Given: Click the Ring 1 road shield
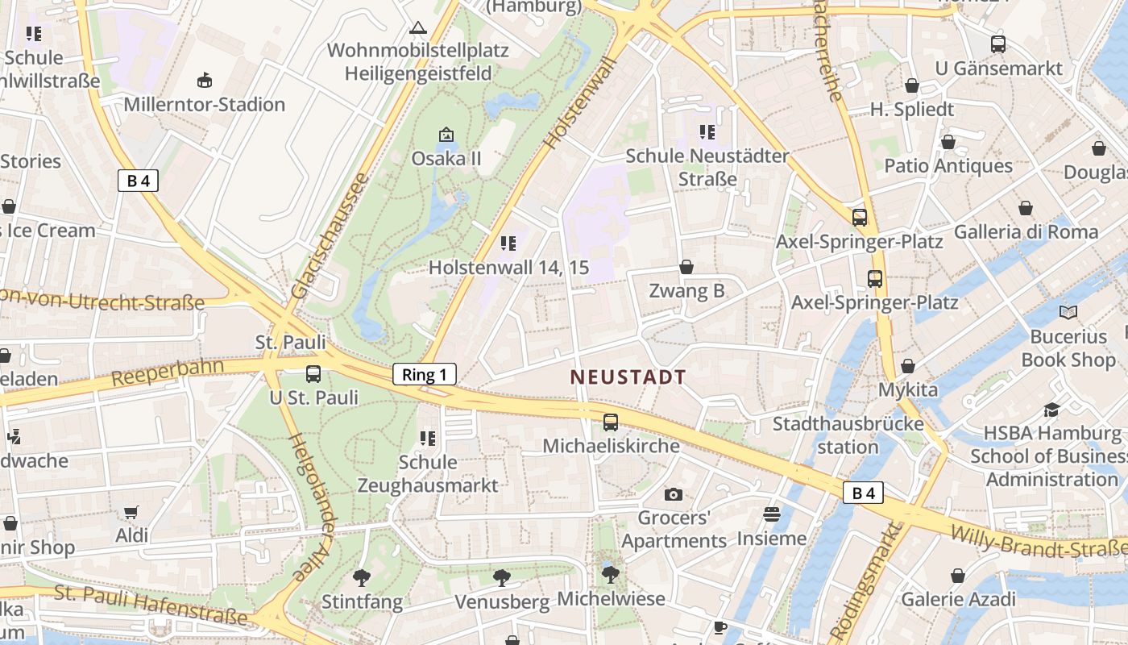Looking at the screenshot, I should point(425,374).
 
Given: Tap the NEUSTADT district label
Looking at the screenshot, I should point(628,377).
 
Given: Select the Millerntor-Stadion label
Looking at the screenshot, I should point(204,105).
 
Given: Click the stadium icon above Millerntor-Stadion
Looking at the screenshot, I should point(205,80).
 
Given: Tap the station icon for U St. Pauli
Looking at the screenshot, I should point(313,374).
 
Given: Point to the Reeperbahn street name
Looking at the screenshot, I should point(168,372).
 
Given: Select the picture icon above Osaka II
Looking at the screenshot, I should point(446,134).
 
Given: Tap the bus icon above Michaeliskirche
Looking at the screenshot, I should point(611,422).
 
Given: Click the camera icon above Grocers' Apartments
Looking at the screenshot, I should point(673,494).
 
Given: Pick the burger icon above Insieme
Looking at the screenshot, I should point(772,514).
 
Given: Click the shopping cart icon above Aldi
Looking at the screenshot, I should point(131,512).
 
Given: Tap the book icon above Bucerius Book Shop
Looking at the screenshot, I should point(1068,312).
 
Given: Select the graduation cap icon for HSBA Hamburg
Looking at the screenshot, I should point(1051,410).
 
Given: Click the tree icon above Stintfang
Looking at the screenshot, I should point(362,577).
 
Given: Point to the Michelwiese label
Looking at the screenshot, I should point(612,599).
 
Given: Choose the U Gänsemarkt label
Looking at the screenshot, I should point(999,69).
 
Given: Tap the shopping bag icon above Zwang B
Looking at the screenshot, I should point(686,267).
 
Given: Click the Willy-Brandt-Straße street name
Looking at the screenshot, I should point(1039,541).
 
